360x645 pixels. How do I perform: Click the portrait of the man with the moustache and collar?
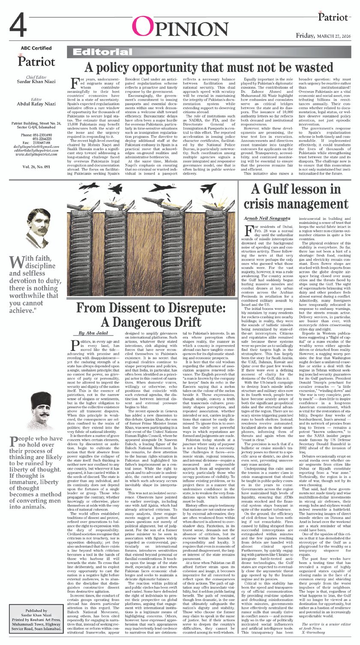point(36,228)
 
